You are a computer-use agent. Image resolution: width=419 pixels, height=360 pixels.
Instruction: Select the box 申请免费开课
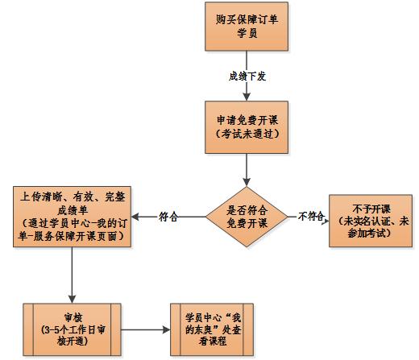click(246, 126)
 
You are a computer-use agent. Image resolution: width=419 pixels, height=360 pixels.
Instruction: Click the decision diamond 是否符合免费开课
click(246, 216)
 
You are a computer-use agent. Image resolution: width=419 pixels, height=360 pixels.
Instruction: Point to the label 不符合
click(310, 216)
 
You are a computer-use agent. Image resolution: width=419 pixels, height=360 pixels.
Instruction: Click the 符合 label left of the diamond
click(168, 216)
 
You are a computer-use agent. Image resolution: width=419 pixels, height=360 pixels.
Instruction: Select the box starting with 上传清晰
click(73, 216)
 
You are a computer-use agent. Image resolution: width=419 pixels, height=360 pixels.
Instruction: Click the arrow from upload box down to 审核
click(73, 274)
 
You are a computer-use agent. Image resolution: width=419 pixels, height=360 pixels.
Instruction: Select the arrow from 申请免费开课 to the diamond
click(246, 169)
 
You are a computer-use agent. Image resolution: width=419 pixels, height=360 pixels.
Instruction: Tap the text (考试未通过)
click(246, 133)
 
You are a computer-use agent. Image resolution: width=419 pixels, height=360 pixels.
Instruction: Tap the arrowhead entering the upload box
click(136, 216)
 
